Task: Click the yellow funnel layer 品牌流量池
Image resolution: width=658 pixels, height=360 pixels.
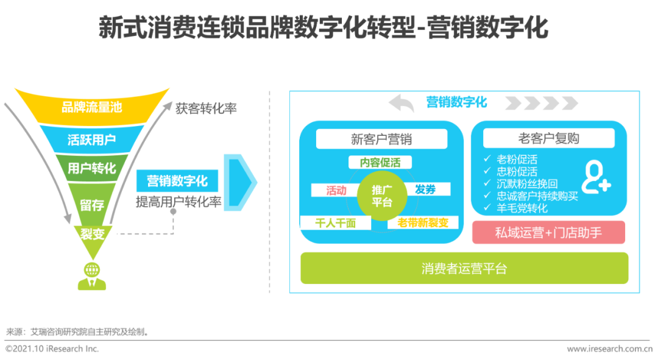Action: point(92,107)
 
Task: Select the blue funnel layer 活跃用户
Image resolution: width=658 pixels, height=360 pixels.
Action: point(92,139)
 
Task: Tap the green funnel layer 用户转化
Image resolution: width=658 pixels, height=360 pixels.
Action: point(92,168)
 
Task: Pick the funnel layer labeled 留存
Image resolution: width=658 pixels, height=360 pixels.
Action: point(92,204)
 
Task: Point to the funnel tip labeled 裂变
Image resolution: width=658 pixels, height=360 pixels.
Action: point(93,238)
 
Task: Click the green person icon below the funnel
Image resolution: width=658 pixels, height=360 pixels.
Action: point(92,276)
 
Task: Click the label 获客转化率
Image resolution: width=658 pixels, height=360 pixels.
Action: point(206,108)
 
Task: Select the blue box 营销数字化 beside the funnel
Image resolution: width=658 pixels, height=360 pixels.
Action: point(177,181)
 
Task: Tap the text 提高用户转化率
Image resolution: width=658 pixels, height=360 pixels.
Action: point(179,202)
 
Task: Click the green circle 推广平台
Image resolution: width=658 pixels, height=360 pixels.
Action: point(382,196)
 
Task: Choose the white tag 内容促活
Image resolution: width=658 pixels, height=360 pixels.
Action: point(380,163)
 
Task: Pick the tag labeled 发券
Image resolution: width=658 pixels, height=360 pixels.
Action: point(426,189)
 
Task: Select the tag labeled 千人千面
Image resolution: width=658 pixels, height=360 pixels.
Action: point(336,223)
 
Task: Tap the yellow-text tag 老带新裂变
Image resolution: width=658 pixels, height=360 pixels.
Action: point(423,223)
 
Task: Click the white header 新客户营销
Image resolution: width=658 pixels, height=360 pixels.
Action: point(381,139)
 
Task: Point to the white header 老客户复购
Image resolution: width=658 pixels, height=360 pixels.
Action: point(549,138)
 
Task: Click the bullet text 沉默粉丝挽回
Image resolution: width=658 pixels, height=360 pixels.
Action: point(527,184)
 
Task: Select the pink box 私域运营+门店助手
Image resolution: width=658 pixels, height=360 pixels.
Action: point(548,233)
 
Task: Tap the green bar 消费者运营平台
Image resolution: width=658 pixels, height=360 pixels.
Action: point(464,268)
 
